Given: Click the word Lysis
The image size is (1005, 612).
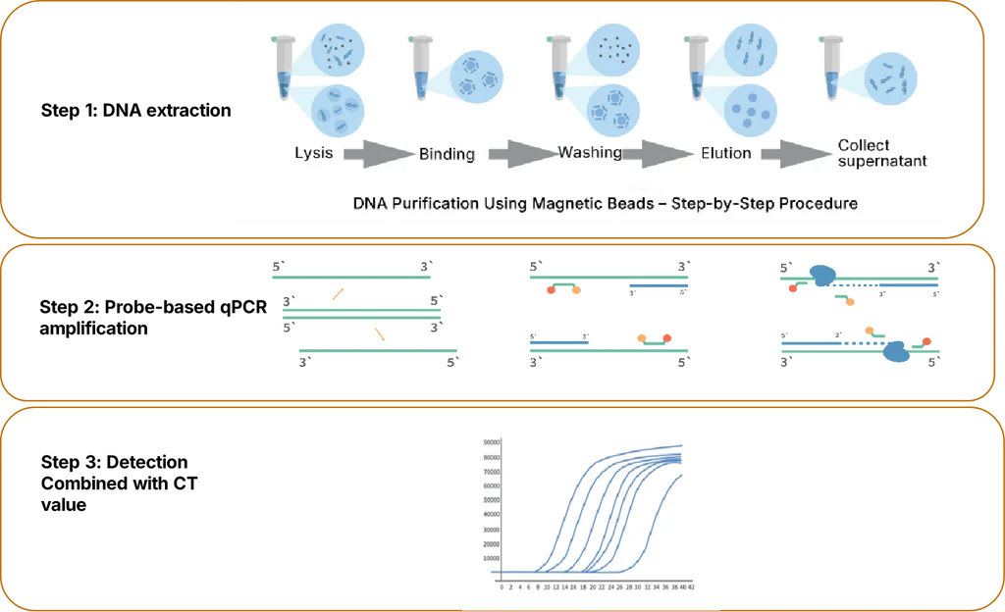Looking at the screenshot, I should pyautogui.click(x=313, y=153).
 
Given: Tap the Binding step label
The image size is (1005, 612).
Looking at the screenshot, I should pyautogui.click(x=447, y=154).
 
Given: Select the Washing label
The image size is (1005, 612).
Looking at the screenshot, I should pyautogui.click(x=590, y=152).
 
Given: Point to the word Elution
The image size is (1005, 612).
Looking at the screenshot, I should pyautogui.click(x=726, y=153).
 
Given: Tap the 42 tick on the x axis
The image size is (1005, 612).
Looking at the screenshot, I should pyautogui.click(x=693, y=587).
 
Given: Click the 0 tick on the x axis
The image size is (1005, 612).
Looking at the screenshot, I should pyautogui.click(x=502, y=587).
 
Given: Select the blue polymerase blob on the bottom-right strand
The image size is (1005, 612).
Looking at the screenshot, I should pyautogui.click(x=894, y=350).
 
